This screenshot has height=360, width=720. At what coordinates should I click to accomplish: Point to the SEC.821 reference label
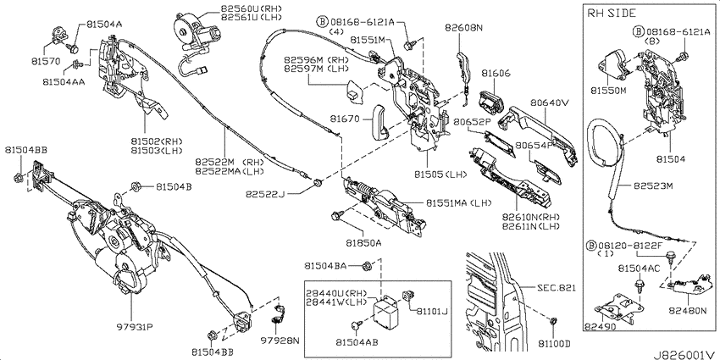tap(556, 288)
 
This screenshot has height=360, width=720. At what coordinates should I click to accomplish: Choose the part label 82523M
tap(653, 186)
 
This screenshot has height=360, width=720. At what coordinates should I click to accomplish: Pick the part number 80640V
tap(550, 102)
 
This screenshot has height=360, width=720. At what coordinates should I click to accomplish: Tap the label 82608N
tap(463, 28)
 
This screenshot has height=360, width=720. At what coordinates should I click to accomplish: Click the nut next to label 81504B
tap(136, 186)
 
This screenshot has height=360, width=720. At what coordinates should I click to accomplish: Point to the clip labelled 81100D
tap(554, 321)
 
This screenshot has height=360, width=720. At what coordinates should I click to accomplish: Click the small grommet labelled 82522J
tap(316, 184)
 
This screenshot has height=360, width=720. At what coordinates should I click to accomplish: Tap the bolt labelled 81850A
tap(335, 214)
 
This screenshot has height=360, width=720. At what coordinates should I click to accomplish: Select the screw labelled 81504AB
tap(356, 325)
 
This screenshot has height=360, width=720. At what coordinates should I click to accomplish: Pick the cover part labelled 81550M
tap(612, 66)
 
